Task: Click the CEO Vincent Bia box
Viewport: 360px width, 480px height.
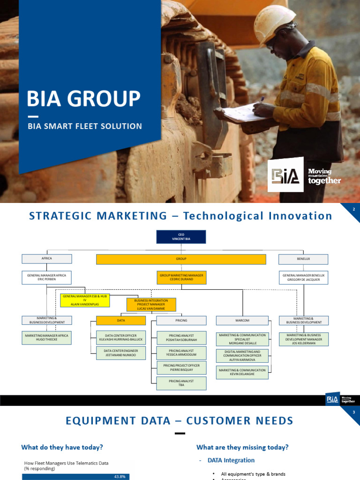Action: (x=181, y=237)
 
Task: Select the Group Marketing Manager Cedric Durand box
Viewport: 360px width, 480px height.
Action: (x=181, y=277)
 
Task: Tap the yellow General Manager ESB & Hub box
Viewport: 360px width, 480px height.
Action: (x=85, y=300)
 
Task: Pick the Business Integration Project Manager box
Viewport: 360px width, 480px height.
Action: (x=151, y=305)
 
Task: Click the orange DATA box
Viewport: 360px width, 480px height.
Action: (x=121, y=321)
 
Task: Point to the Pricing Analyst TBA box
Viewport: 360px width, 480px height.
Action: (x=181, y=383)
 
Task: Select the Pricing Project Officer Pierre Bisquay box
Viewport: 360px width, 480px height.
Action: (x=181, y=368)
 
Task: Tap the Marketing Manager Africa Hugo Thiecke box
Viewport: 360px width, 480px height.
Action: (x=46, y=338)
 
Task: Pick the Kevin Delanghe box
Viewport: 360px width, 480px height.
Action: (x=242, y=372)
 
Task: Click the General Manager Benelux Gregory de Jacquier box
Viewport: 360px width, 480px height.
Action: (x=303, y=277)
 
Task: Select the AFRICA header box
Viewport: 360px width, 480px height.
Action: (x=46, y=259)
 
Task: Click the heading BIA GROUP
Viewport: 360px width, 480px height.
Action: (x=83, y=99)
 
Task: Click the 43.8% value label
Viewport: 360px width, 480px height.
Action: (x=120, y=477)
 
